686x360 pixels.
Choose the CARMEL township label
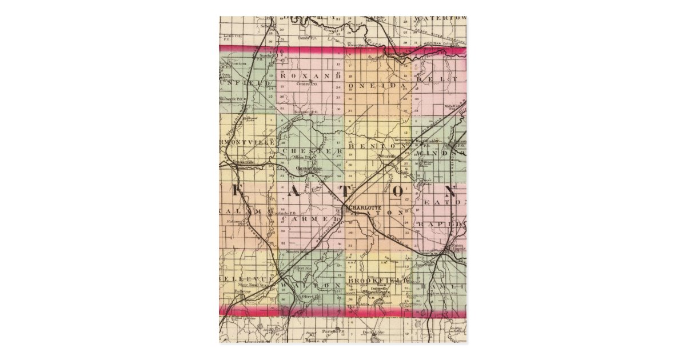pos(310,219)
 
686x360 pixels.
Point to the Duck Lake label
pos(378,331)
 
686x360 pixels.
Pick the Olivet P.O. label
pos(309,297)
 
